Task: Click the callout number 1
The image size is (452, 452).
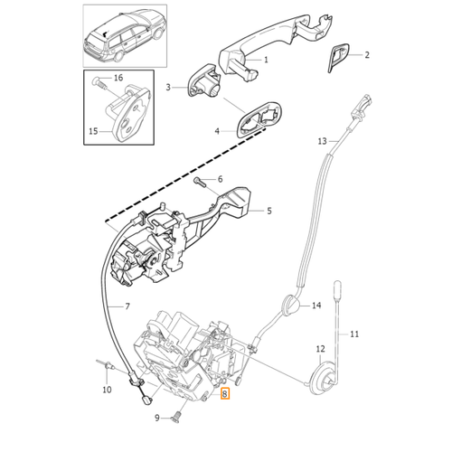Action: (266, 60)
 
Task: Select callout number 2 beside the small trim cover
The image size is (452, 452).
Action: (367, 55)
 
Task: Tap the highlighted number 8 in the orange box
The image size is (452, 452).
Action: (225, 393)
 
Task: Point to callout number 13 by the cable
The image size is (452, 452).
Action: (322, 141)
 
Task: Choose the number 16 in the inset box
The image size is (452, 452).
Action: (118, 78)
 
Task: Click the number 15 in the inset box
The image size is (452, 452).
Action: (93, 131)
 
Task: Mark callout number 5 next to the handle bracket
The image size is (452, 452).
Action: (269, 211)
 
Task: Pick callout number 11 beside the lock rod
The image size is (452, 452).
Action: (354, 334)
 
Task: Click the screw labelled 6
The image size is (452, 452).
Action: (201, 182)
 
